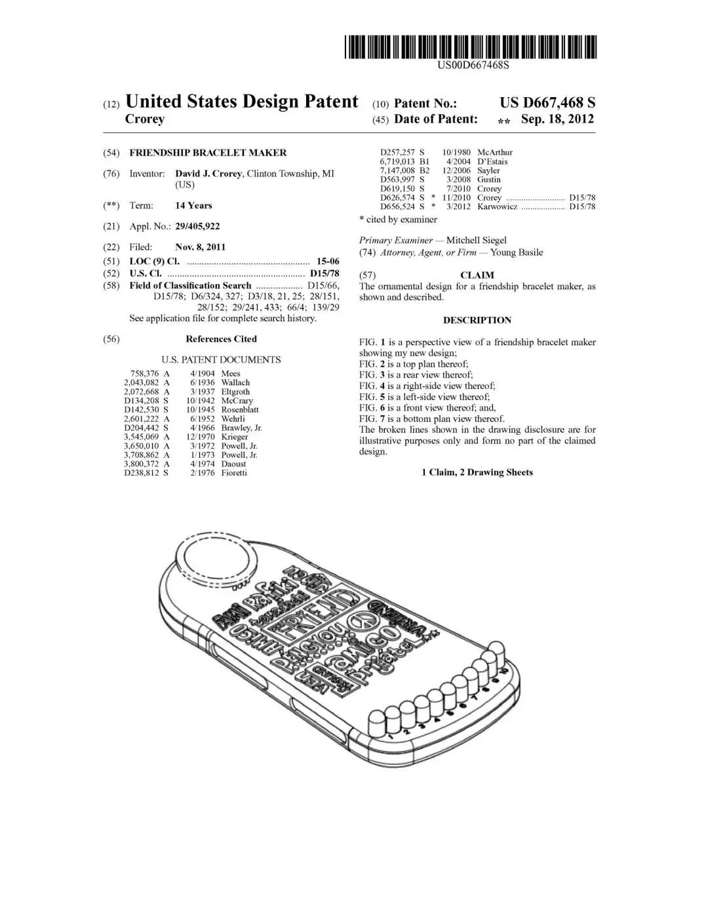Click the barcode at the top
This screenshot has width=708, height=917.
point(471,47)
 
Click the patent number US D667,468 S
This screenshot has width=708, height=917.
point(547,102)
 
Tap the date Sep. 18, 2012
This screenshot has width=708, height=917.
point(557,119)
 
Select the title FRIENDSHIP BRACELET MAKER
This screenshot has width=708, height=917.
point(208,153)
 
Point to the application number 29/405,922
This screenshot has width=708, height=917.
point(197,226)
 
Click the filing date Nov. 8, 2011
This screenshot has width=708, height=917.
point(200,247)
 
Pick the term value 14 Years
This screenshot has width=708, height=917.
point(193,205)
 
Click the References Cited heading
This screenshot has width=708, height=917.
point(221,339)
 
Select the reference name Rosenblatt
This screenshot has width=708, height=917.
point(240,409)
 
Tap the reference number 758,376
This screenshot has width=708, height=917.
point(145,373)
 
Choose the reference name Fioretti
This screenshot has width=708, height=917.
point(234,473)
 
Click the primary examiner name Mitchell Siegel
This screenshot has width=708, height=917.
point(476,240)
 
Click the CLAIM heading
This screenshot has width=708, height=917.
point(477,275)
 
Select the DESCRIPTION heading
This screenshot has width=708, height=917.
point(477,320)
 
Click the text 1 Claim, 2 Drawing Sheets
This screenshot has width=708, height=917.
point(477,472)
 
